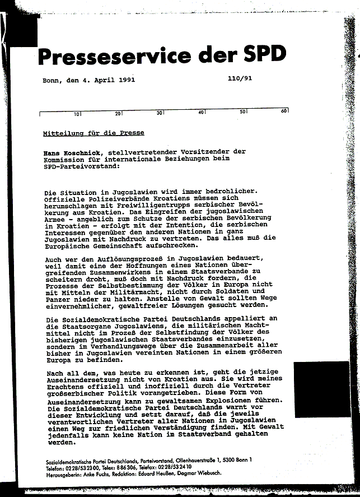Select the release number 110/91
(240, 79)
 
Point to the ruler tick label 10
(77, 114)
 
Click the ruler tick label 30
(159, 113)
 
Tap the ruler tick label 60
(284, 111)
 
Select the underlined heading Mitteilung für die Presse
(93, 133)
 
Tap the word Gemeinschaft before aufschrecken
(117, 245)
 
